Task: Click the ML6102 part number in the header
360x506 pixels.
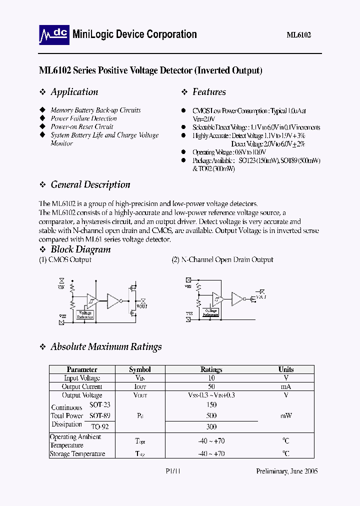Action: click(299, 35)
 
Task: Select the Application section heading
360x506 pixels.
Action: click(74, 92)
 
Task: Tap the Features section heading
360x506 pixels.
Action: click(209, 92)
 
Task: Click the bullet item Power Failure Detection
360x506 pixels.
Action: click(83, 118)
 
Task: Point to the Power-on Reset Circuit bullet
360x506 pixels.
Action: click(82, 126)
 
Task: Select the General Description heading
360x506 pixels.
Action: click(90, 184)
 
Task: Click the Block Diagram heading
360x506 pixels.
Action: click(80, 249)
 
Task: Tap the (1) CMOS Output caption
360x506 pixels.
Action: click(65, 259)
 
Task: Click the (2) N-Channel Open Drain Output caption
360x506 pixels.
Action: click(222, 259)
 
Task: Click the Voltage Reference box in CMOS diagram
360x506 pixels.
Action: click(85, 314)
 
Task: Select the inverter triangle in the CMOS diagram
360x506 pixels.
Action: click(113, 301)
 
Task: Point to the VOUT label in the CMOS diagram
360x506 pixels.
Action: click(142, 306)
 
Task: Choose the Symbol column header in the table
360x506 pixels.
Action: click(139, 369)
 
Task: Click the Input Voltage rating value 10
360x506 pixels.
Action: click(211, 378)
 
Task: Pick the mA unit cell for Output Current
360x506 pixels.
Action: click(286, 386)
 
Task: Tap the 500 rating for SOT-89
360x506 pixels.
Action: click(211, 415)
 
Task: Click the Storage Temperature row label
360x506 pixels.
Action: click(77, 453)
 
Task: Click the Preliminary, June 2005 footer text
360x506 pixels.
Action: click(287, 471)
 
